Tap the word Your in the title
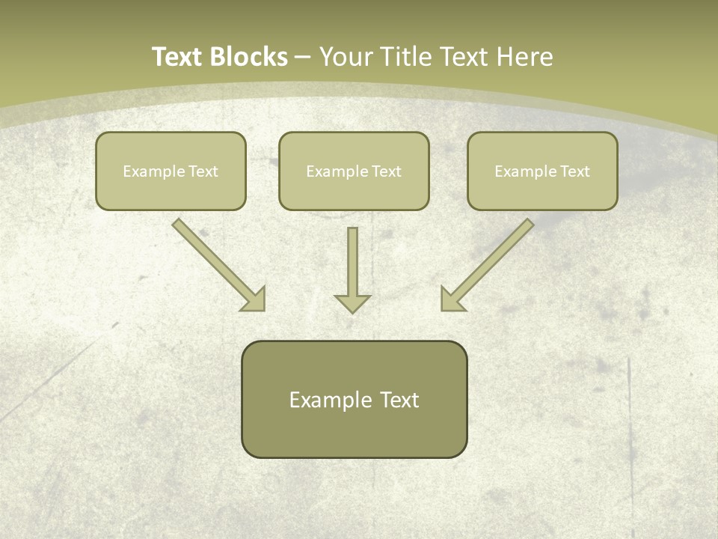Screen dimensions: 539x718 pyautogui.click(x=346, y=57)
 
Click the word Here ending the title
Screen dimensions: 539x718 pyautogui.click(x=527, y=57)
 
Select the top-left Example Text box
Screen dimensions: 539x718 pyautogui.click(x=171, y=187)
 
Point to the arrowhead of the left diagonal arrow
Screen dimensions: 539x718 pyautogui.click(x=255, y=300)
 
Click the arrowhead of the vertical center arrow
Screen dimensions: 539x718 pyautogui.click(x=352, y=303)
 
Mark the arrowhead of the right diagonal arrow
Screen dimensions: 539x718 pyautogui.click(x=452, y=300)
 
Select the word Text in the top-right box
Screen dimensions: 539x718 pyautogui.click(x=574, y=171)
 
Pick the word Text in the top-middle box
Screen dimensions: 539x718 pyautogui.click(x=386, y=171)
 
